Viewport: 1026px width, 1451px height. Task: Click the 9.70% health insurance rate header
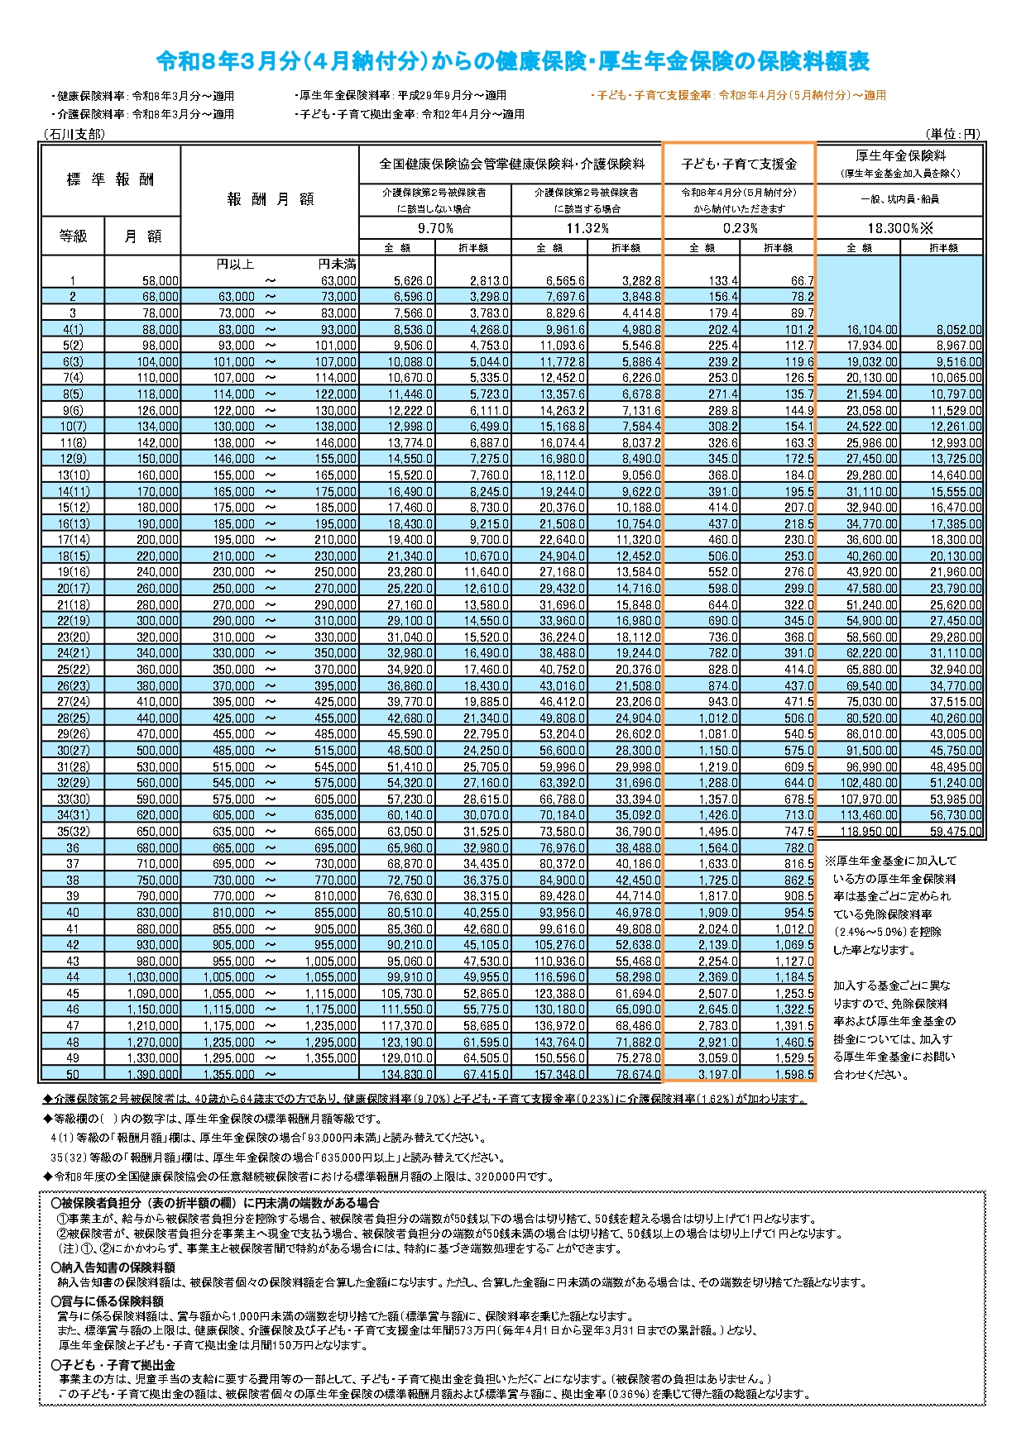[435, 228]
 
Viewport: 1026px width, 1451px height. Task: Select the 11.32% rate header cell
[587, 228]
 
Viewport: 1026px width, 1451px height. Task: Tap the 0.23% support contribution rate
[740, 228]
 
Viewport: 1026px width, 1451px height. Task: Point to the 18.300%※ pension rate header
[899, 228]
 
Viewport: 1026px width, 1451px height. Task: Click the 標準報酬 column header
[110, 179]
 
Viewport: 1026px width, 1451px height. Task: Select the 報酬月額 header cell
[270, 199]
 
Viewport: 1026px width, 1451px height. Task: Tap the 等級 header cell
[73, 236]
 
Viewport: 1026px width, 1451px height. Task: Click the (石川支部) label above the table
[74, 134]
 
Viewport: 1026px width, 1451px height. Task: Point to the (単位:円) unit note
[953, 134]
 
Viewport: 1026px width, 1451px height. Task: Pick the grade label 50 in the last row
[73, 1074]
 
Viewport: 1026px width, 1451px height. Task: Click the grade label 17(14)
[73, 540]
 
